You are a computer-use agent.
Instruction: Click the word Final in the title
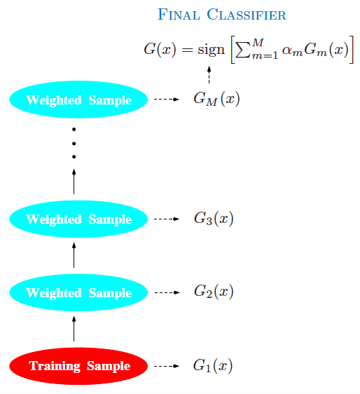[179, 15]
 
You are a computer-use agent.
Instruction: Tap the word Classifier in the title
[247, 15]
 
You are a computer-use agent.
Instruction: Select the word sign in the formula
[211, 50]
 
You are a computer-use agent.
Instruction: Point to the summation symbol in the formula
[243, 50]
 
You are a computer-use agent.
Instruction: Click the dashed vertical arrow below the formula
[209, 74]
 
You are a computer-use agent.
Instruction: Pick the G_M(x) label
[216, 99]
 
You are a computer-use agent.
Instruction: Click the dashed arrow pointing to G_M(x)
[167, 100]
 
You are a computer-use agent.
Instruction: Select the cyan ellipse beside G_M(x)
[78, 100]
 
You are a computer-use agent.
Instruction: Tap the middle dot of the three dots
[74, 144]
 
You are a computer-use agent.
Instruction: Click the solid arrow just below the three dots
[74, 182]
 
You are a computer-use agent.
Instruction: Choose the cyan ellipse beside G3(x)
[78, 219]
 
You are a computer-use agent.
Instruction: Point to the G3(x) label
[214, 218]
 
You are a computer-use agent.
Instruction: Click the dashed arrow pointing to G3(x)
[167, 219]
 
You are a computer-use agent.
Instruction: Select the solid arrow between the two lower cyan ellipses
[74, 255]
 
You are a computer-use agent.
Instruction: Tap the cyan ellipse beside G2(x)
[78, 292]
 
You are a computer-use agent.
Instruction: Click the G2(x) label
[214, 292]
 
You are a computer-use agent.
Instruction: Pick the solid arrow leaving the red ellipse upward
[74, 329]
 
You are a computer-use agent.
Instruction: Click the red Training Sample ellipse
[78, 366]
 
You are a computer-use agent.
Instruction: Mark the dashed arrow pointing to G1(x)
[167, 366]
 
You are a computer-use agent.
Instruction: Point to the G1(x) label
[213, 365]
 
